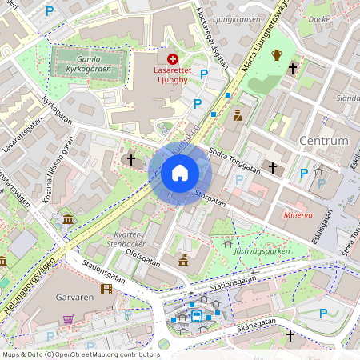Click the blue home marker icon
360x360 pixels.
(x=180, y=172)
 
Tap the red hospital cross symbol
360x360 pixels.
(x=173, y=58)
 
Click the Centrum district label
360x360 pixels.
(x=323, y=141)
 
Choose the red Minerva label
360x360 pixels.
(x=298, y=215)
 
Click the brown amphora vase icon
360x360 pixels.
(x=277, y=54)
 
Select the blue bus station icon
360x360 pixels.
(x=197, y=315)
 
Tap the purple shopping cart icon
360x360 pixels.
(x=68, y=318)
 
